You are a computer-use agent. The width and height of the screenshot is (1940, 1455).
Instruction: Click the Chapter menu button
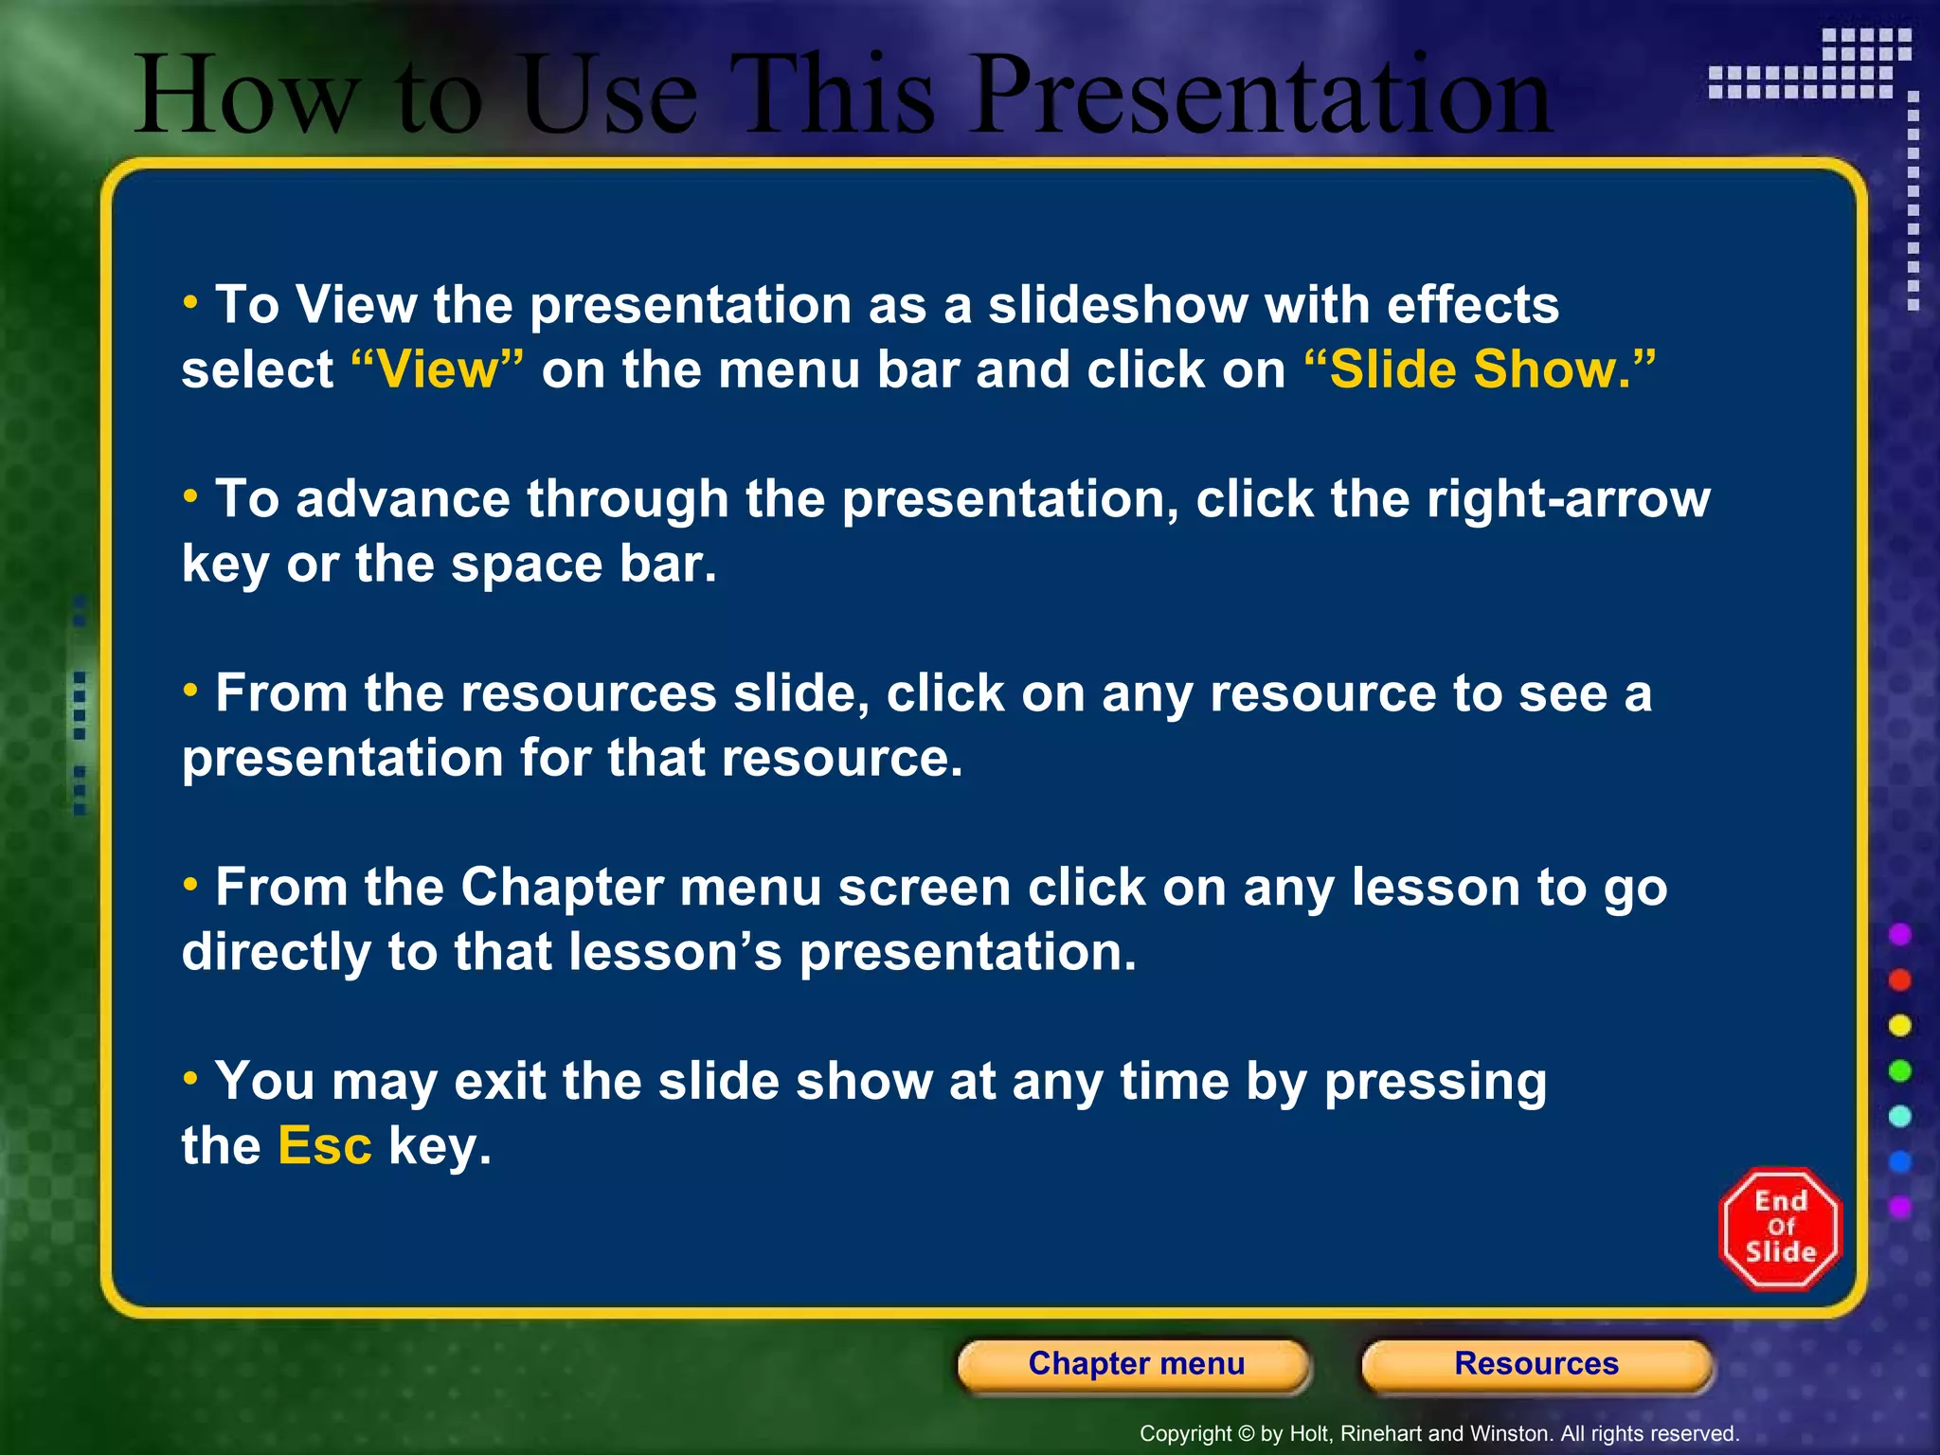click(1135, 1364)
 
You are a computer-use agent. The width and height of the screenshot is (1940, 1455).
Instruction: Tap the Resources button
click(1536, 1364)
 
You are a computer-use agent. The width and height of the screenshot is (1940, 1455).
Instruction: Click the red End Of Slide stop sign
click(1780, 1229)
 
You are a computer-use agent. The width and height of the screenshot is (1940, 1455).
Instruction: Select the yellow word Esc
click(324, 1146)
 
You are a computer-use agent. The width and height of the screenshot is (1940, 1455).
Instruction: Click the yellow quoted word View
click(437, 369)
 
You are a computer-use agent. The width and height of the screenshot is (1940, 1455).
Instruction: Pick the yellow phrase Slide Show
click(1480, 369)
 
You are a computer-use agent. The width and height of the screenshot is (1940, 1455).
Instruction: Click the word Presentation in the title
click(1262, 95)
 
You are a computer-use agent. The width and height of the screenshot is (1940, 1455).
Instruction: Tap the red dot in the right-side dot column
click(1899, 979)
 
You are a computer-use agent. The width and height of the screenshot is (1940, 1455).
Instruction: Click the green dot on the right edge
click(1899, 1070)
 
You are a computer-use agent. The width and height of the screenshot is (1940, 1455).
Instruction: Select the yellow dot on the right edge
click(1899, 1025)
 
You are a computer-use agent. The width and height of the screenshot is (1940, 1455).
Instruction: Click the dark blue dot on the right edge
click(1899, 1161)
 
